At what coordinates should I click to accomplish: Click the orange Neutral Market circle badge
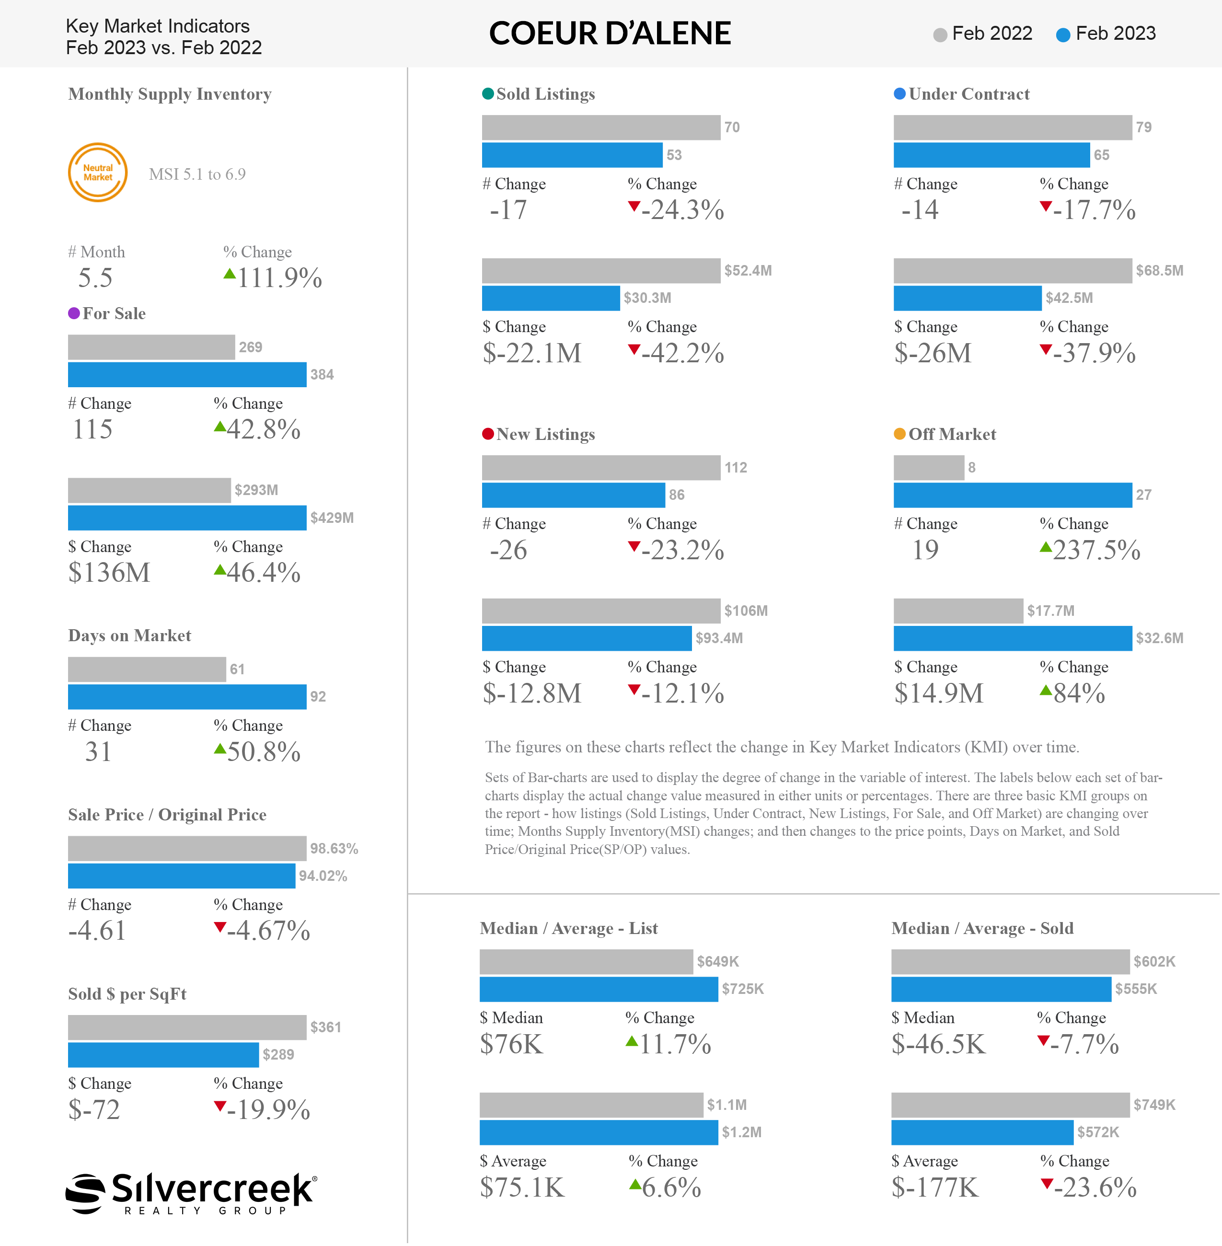click(98, 172)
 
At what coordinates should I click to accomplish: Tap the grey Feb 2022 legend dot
click(940, 35)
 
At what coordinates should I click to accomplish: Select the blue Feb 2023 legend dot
click(1063, 35)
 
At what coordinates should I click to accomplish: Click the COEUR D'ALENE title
click(610, 34)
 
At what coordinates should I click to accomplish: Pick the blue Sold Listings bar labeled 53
click(572, 155)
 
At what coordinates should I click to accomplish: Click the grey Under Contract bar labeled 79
click(1013, 127)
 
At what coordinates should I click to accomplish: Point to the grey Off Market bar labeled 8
click(929, 467)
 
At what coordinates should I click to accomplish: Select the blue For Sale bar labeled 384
click(187, 375)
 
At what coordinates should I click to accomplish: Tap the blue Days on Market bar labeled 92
click(187, 696)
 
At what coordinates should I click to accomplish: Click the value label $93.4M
click(719, 638)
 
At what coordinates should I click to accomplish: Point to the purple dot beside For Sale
click(74, 313)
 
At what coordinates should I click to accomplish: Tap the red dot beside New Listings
click(488, 434)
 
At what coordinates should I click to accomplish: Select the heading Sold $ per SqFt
click(127, 994)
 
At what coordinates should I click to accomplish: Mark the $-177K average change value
click(935, 1188)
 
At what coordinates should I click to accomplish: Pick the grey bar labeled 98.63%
click(187, 849)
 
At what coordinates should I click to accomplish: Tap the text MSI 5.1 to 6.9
click(197, 174)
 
